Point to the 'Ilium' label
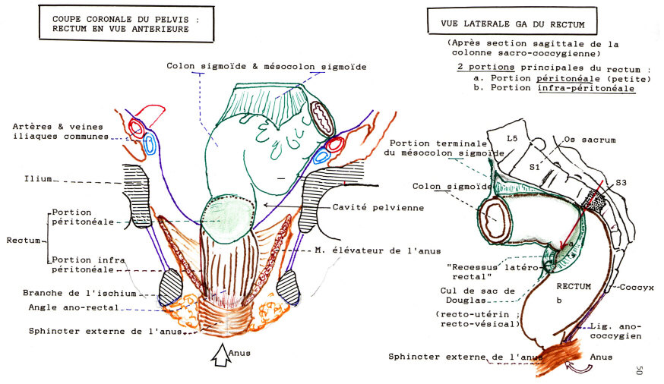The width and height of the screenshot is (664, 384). point(37,179)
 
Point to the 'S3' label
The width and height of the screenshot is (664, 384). point(621,182)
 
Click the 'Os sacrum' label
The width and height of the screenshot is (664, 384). point(590,140)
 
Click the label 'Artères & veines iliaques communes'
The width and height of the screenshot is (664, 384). point(61,131)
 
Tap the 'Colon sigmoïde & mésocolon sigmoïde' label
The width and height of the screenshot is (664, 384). point(267,67)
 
